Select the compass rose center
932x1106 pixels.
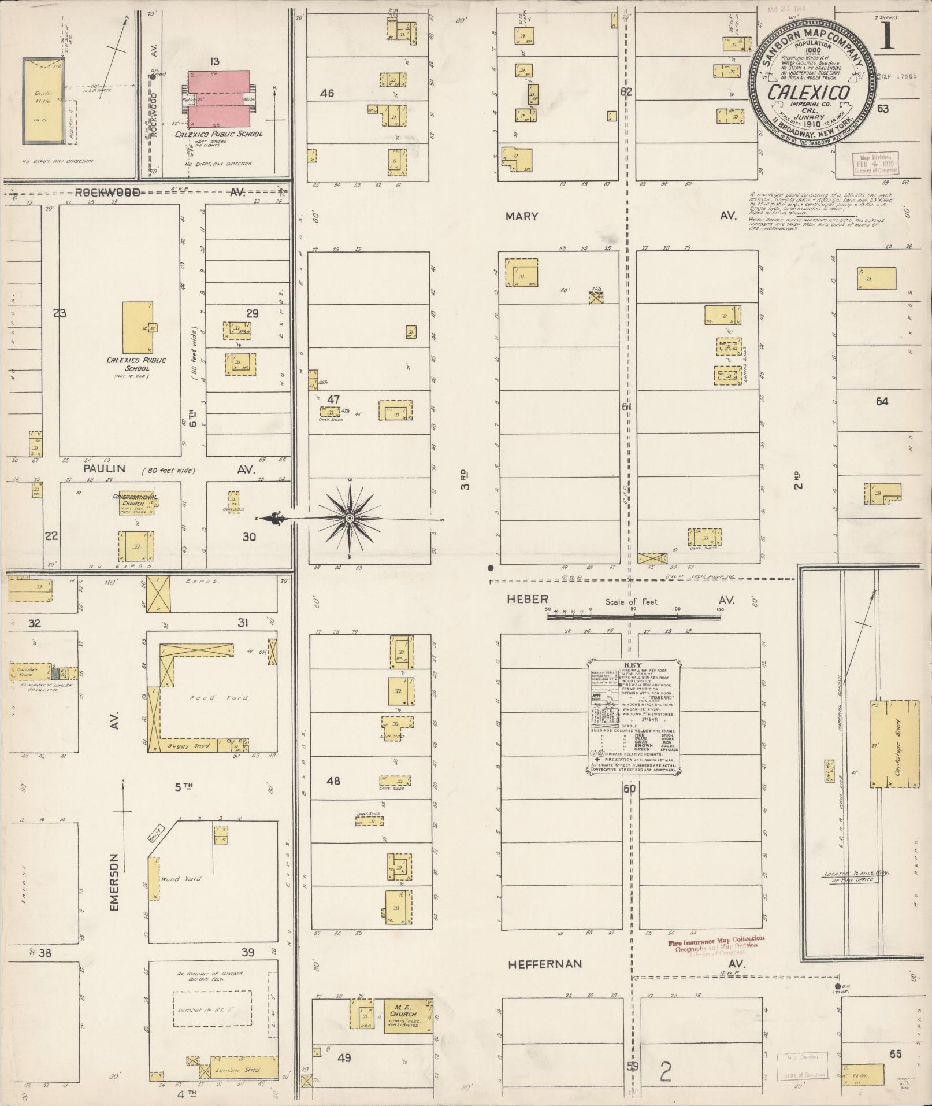(349, 519)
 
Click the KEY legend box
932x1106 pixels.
(634, 719)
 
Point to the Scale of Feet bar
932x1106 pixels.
(634, 617)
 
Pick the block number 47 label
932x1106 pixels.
(333, 399)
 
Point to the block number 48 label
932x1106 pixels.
(333, 781)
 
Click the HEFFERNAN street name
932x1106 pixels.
(537, 964)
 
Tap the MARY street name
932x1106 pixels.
(522, 216)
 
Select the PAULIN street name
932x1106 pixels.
(104, 469)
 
